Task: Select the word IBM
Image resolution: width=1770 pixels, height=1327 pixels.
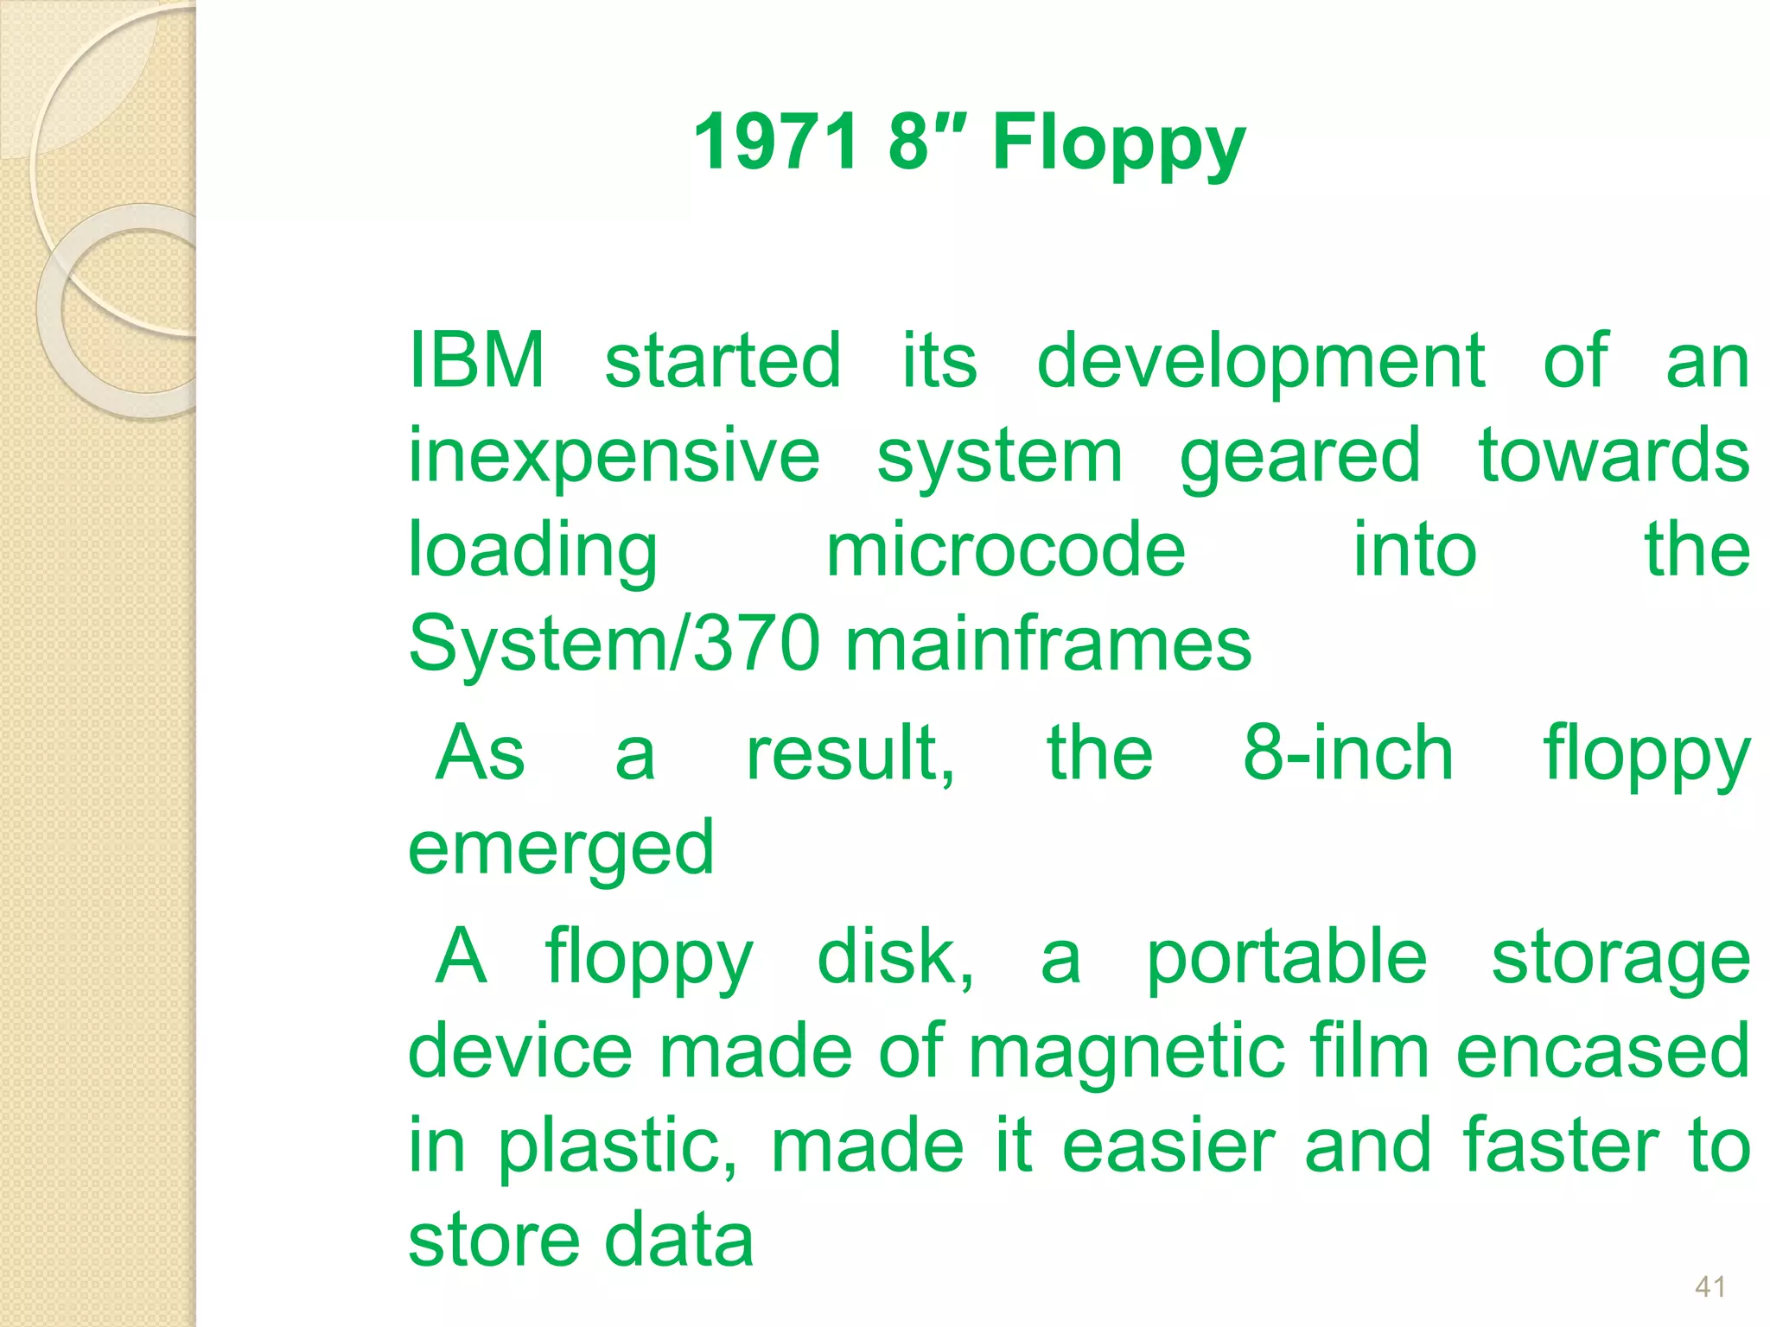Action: tap(476, 360)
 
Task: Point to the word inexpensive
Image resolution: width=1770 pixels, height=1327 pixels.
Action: tap(614, 457)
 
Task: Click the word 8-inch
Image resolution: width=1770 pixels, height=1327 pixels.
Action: tap(1347, 753)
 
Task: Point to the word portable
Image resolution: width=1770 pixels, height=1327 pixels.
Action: tap(1286, 958)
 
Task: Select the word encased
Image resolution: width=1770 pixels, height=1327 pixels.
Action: tap(1603, 1052)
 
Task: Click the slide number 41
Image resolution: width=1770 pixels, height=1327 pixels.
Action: tap(1710, 1286)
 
